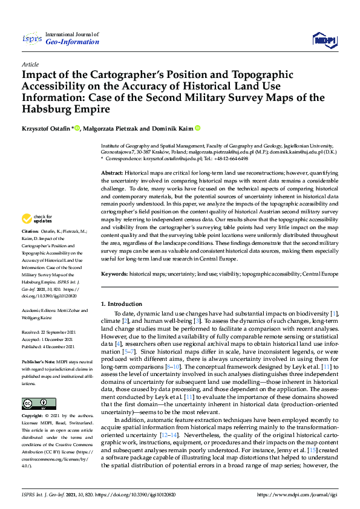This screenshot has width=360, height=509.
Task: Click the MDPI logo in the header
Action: [x=324, y=40]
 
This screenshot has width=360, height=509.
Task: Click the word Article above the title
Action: [x=30, y=64]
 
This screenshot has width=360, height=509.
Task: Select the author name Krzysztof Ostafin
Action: [x=46, y=128]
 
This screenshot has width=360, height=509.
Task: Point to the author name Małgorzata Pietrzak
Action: [x=114, y=128]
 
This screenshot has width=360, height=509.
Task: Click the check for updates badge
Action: [x=37, y=219]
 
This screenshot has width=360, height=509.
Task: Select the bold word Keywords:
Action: [x=115, y=274]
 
